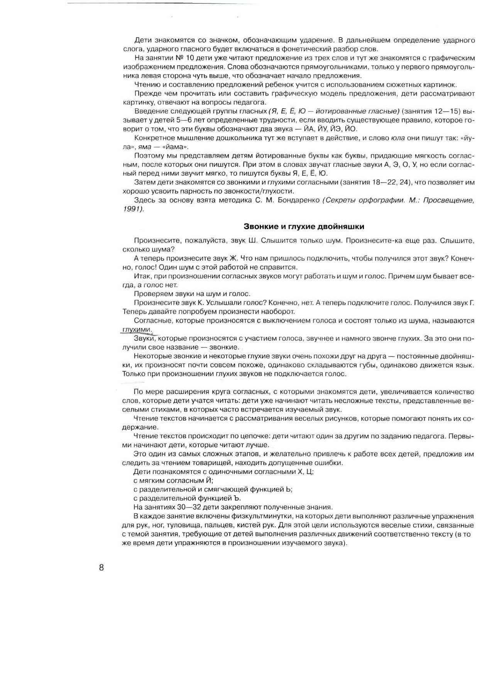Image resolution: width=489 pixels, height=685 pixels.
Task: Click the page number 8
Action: (x=101, y=568)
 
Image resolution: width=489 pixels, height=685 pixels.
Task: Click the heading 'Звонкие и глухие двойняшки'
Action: (x=304, y=226)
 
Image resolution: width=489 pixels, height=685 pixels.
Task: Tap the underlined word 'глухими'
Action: (x=136, y=329)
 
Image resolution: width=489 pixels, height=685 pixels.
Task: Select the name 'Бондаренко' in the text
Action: (x=298, y=200)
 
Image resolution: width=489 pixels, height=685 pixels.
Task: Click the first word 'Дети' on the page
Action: (x=143, y=40)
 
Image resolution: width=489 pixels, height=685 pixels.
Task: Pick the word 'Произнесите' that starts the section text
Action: (x=151, y=240)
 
